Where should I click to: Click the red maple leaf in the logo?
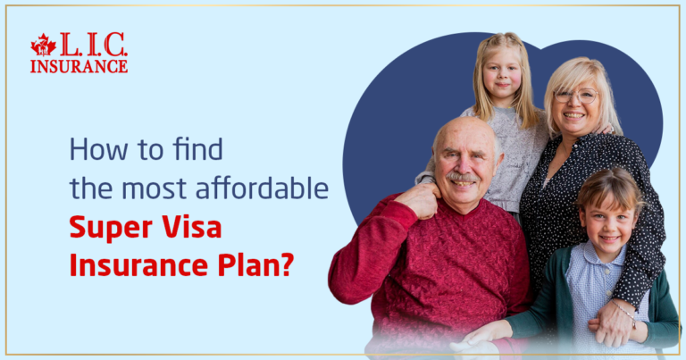[x=43, y=46]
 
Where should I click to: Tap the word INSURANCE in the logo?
[x=79, y=66]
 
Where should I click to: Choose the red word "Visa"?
[x=192, y=229]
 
